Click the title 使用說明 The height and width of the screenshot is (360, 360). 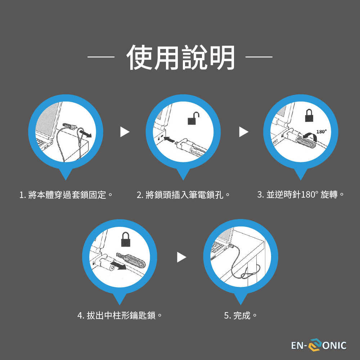pos(180,57)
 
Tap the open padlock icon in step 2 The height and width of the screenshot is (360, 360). pos(193,118)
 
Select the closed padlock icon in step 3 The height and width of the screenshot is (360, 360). pos(309,115)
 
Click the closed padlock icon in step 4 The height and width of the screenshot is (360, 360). pos(126,239)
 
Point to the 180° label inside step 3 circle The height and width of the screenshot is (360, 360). pos(321,131)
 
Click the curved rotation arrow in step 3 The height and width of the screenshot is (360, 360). pos(310,136)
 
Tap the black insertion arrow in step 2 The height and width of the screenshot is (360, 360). pos(169,139)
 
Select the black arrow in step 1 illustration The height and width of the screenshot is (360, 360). pos(86,134)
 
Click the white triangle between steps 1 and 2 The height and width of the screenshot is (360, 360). pos(125,132)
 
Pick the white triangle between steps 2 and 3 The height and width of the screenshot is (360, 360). pos(243,132)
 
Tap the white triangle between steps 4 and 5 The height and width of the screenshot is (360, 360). pos(181,257)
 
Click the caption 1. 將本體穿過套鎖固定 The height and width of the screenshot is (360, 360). pos(66,195)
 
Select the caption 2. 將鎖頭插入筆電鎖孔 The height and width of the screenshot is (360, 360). pos(183,195)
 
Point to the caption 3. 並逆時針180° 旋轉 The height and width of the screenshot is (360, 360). pos(301,195)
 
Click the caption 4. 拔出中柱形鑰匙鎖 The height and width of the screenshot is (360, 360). pos(120,315)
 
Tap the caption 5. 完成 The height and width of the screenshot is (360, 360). pos(240,315)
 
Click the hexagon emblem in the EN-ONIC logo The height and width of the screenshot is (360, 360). pos(315,345)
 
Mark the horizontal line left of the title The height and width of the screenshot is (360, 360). pos(101,57)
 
